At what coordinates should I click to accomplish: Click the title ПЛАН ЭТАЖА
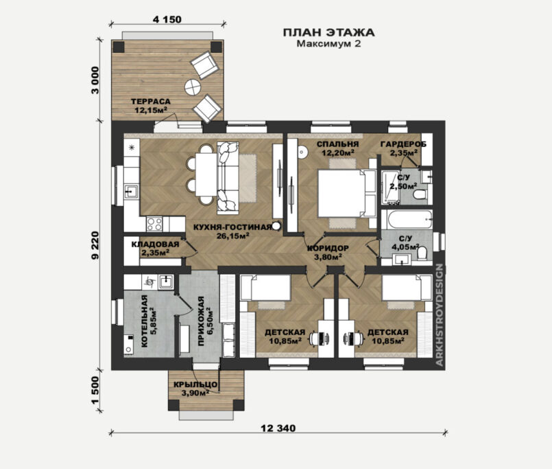click(329, 32)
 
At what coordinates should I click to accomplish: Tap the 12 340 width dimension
click(278, 428)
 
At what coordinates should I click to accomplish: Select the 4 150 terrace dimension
click(167, 19)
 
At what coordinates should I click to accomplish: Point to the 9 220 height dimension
click(95, 245)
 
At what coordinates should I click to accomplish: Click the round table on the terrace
click(193, 87)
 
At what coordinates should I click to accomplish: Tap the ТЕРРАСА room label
click(151, 102)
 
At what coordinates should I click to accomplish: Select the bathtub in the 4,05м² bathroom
click(407, 219)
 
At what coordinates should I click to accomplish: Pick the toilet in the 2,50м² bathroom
click(420, 194)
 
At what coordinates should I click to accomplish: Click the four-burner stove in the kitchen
click(154, 224)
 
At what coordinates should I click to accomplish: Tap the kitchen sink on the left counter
click(132, 192)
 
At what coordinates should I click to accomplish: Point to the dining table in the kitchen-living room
click(206, 174)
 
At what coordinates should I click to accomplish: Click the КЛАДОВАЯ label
click(155, 244)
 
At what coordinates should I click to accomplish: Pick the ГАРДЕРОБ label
click(403, 144)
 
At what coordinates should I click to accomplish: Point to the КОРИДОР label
click(328, 248)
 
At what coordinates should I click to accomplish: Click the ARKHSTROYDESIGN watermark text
click(440, 315)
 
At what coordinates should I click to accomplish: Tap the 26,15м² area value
click(233, 236)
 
